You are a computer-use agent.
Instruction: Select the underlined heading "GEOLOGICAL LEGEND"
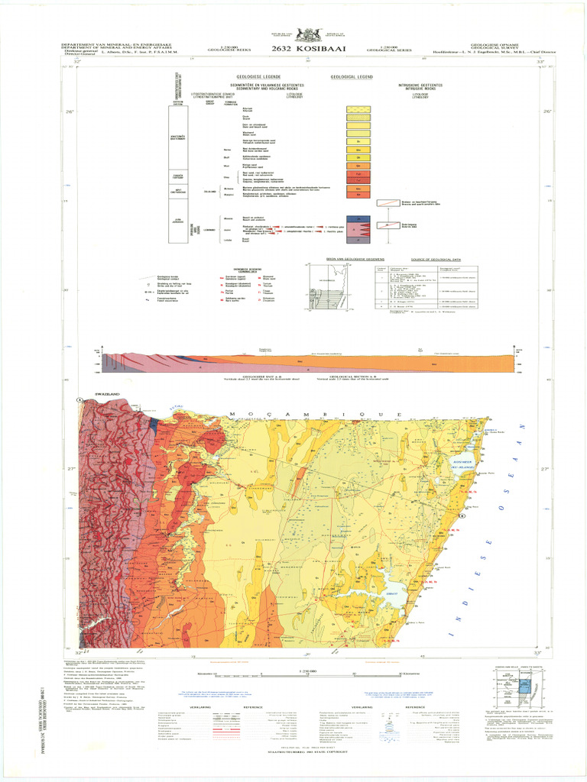(x=352, y=77)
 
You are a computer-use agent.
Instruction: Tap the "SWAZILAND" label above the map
(x=108, y=395)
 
